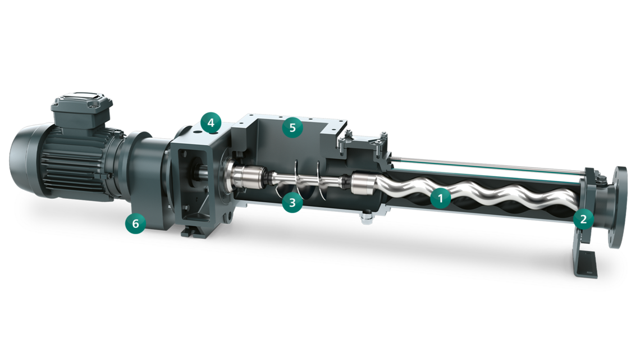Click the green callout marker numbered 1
441,198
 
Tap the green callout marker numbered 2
583,218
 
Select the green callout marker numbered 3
292,202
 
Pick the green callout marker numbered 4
211,122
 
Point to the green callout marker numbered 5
292,127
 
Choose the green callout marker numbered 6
135,223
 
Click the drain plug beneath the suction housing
368,216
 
